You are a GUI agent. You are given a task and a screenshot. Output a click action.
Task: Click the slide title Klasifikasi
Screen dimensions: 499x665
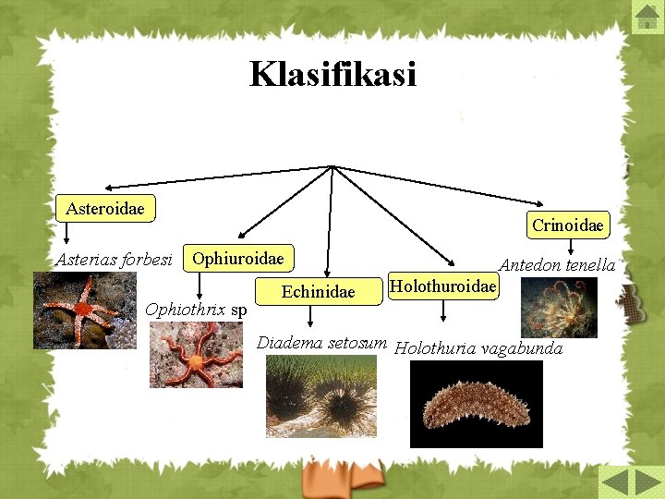[332, 74]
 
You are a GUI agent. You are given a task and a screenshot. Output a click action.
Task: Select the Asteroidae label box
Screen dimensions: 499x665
[105, 208]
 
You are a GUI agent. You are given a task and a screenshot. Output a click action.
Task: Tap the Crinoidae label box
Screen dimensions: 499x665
[568, 225]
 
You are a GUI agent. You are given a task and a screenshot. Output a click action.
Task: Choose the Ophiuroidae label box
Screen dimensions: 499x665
[238, 258]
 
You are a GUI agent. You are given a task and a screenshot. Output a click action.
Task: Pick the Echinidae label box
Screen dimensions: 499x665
[318, 292]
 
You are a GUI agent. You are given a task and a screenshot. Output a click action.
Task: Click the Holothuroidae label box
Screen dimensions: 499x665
[442, 286]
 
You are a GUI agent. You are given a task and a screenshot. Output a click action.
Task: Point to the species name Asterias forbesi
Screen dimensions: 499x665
[115, 260]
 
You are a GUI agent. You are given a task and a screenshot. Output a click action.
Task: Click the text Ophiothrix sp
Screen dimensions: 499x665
[196, 309]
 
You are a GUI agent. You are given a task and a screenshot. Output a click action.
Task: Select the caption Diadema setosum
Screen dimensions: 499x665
[321, 343]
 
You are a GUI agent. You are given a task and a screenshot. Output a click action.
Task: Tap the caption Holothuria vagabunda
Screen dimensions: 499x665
[478, 348]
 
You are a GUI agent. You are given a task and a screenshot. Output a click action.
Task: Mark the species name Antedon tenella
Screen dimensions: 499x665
[557, 265]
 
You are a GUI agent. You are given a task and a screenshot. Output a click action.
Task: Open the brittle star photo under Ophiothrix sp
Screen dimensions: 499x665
[197, 354]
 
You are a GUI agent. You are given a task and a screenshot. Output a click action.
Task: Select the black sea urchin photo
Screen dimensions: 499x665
[320, 396]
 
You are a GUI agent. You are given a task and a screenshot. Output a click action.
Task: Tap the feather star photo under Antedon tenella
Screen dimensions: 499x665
[559, 308]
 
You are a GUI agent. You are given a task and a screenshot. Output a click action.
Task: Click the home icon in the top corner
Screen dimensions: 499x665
[646, 16]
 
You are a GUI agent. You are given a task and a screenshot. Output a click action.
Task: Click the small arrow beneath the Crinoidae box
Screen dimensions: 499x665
[571, 246]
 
